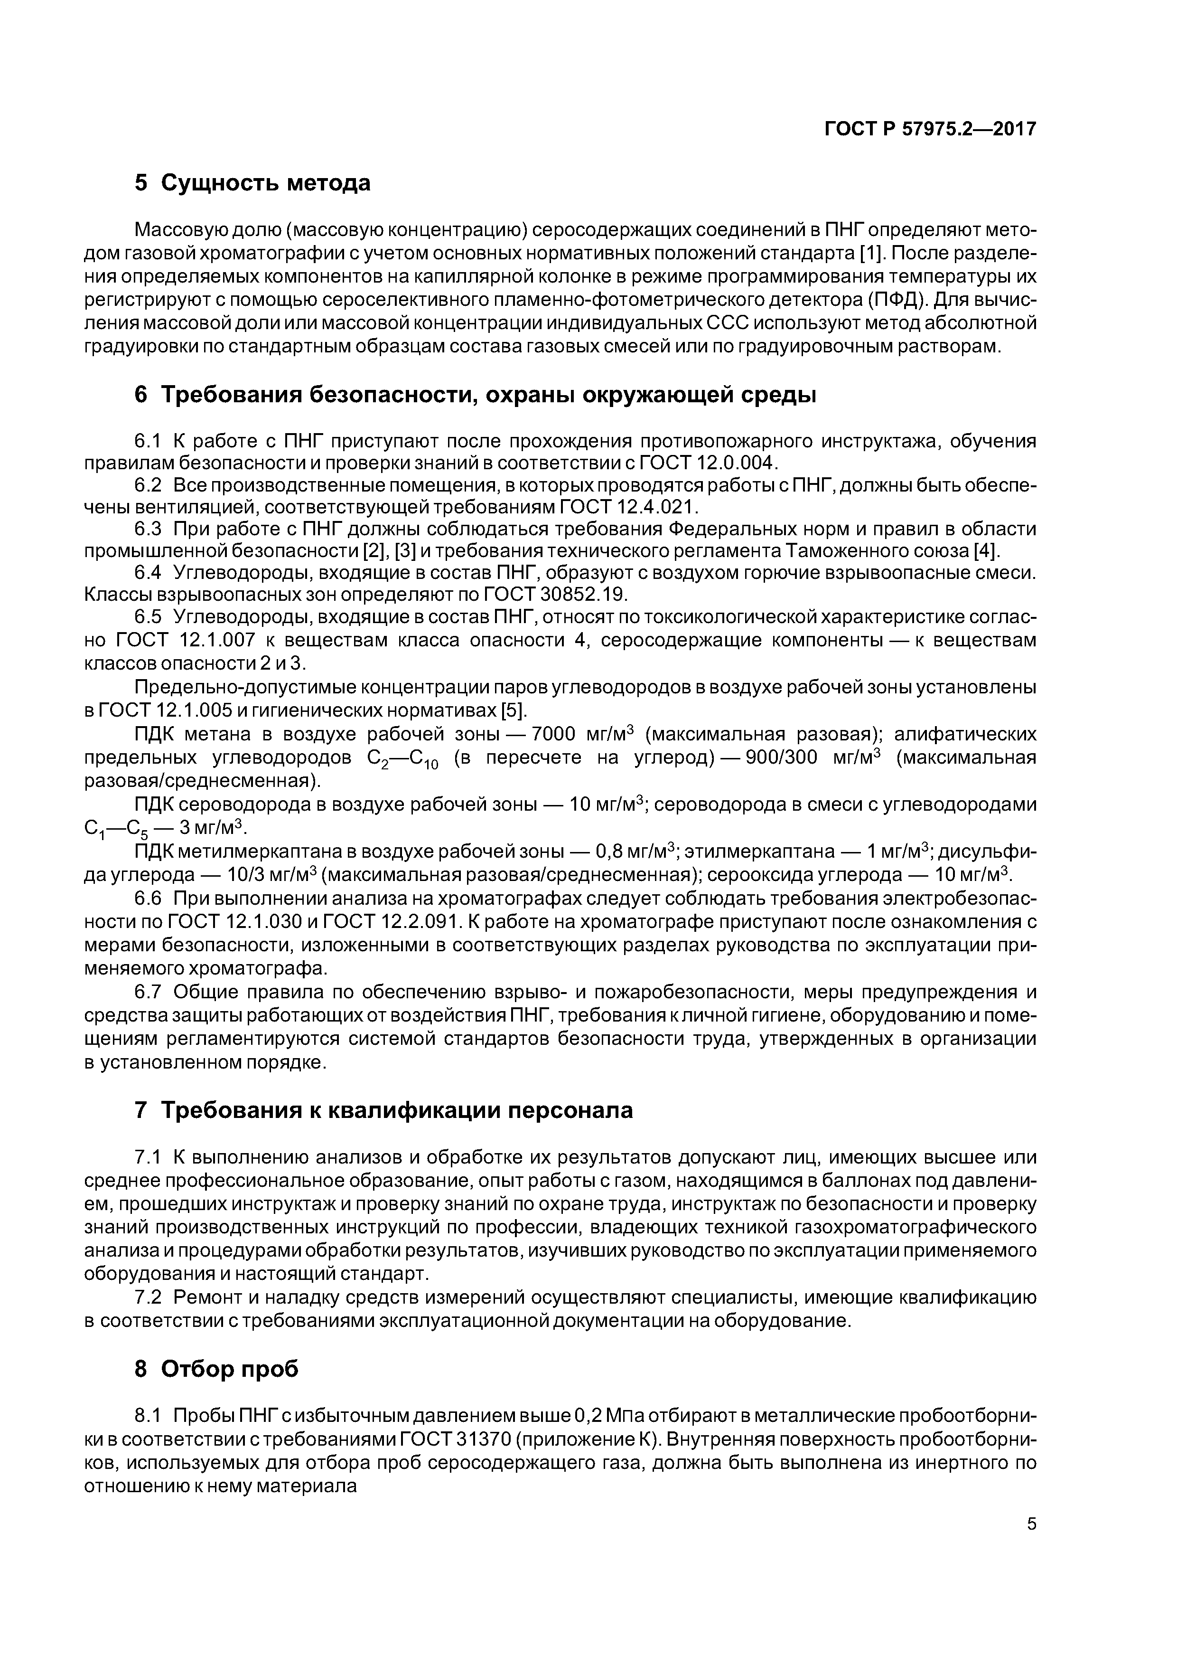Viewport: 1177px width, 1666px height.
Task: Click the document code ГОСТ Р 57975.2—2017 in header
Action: point(930,129)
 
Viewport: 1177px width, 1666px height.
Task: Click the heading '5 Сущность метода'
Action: point(252,183)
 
